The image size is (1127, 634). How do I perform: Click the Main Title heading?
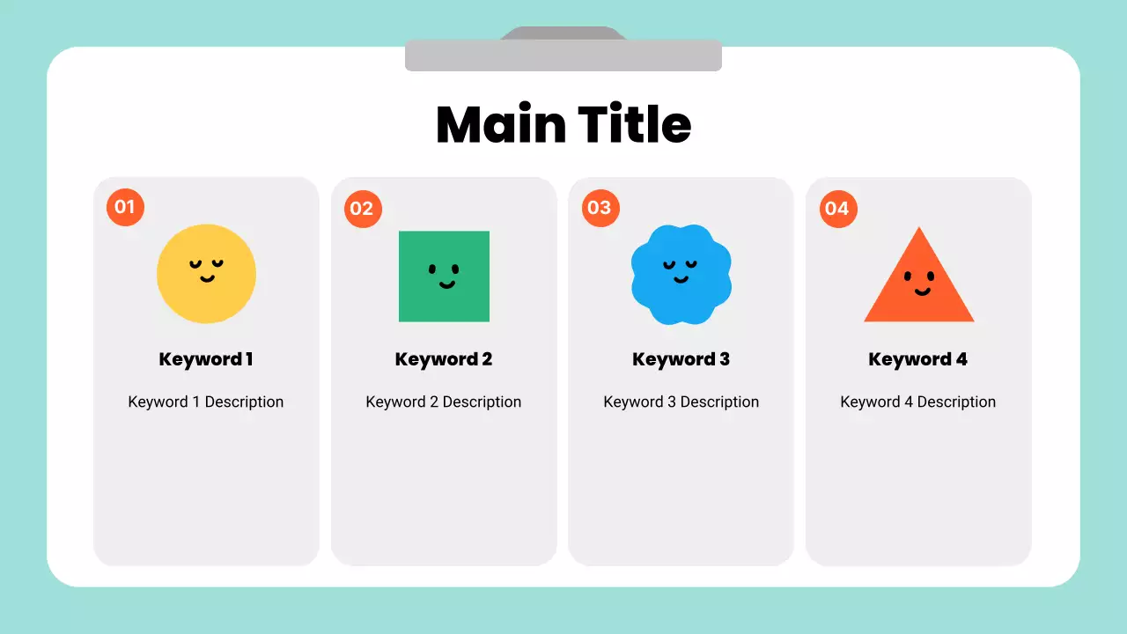pyautogui.click(x=563, y=124)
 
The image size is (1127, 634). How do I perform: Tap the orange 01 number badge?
pyautogui.click(x=125, y=207)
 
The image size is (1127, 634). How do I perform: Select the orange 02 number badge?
pyautogui.click(x=363, y=209)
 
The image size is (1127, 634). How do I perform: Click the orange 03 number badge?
pyautogui.click(x=600, y=208)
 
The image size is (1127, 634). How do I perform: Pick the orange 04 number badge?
pyautogui.click(x=838, y=209)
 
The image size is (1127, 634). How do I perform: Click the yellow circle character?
pyautogui.click(x=206, y=273)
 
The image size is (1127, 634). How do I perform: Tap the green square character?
pyautogui.click(x=444, y=276)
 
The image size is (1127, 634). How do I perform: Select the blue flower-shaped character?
pyautogui.click(x=681, y=274)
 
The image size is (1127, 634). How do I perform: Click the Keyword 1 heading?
pyautogui.click(x=206, y=359)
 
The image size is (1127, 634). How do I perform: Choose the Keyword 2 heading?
pyautogui.click(x=444, y=359)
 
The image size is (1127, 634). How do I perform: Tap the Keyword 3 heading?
pyautogui.click(x=681, y=359)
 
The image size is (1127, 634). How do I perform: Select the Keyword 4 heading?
pyautogui.click(x=918, y=359)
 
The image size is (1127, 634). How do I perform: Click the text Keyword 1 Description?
pyautogui.click(x=206, y=402)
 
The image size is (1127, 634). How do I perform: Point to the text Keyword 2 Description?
pyautogui.click(x=444, y=402)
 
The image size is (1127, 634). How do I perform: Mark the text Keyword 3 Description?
pyautogui.click(x=681, y=402)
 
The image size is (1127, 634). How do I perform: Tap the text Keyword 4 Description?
pyautogui.click(x=918, y=402)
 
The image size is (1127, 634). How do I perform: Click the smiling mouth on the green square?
pyautogui.click(x=446, y=284)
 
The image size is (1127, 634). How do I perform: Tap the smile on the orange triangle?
pyautogui.click(x=922, y=291)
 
